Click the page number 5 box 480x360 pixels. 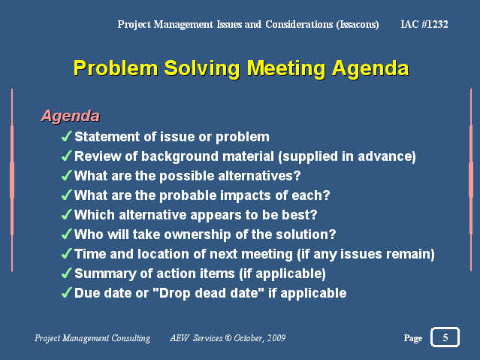point(445,338)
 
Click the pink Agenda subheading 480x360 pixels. point(70,116)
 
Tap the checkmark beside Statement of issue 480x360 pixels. point(66,136)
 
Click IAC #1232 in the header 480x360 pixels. point(425,25)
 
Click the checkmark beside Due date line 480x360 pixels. point(66,292)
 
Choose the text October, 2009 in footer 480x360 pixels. point(260,339)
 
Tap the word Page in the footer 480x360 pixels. point(412,339)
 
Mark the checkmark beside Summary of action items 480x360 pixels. point(66,273)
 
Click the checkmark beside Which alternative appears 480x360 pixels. point(66,214)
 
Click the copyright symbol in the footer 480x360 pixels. point(228,339)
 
